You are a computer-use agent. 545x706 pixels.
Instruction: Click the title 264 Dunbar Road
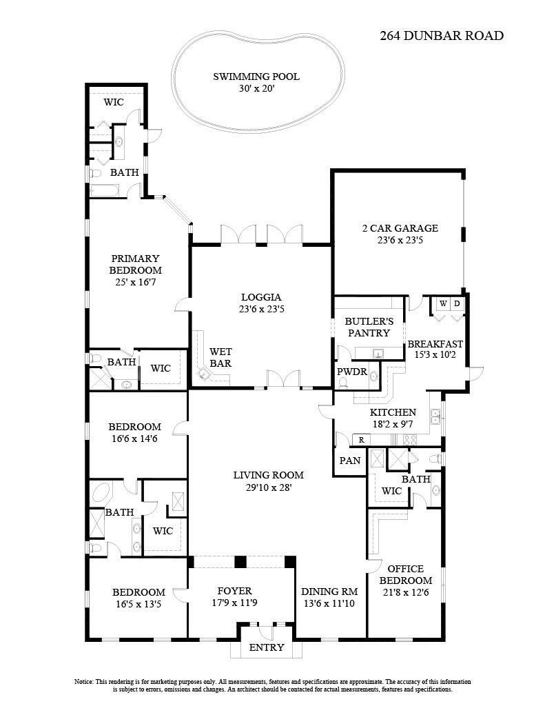(x=442, y=36)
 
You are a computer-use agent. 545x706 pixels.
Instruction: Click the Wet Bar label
(x=220, y=357)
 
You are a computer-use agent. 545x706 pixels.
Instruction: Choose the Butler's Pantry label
(x=369, y=327)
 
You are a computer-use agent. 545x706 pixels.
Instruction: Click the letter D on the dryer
(x=456, y=303)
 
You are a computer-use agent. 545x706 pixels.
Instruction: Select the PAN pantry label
(x=350, y=460)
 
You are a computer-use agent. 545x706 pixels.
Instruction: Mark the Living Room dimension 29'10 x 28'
(x=268, y=487)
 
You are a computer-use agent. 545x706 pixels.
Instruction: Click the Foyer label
(x=234, y=591)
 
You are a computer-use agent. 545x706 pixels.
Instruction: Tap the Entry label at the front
(x=266, y=647)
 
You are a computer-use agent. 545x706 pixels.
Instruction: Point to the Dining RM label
(x=329, y=592)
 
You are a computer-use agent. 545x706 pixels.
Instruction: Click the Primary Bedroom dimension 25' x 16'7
(x=136, y=282)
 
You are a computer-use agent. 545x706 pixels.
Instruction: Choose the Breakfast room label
(x=435, y=344)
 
